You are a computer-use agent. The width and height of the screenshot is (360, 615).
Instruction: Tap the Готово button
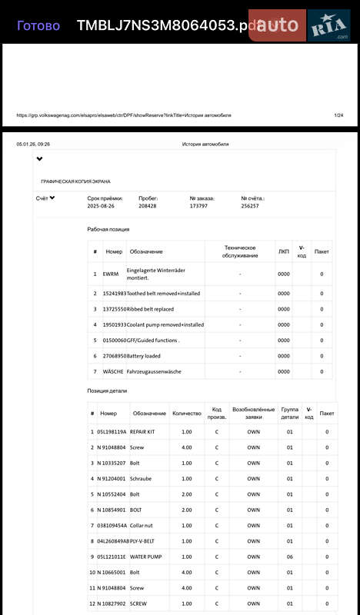(38, 25)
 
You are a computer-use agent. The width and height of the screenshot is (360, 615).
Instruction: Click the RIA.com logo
(330, 27)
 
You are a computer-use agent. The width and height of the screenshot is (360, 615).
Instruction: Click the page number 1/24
(338, 115)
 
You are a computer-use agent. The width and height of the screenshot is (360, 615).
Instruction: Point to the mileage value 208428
(147, 206)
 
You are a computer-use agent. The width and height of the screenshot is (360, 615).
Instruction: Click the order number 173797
(198, 206)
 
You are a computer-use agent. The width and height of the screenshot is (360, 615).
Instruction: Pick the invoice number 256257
(250, 206)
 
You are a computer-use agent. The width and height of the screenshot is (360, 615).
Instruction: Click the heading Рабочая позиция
(108, 229)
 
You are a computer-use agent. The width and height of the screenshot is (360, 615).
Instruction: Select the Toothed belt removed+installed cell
(163, 294)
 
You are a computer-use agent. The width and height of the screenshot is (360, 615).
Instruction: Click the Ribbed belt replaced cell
(151, 309)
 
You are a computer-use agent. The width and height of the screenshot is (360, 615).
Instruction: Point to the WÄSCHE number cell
(113, 371)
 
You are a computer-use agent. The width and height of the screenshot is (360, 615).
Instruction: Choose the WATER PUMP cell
(146, 557)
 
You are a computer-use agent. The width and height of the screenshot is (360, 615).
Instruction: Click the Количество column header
(186, 414)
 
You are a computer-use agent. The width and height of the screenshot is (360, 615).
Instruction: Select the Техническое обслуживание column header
(240, 251)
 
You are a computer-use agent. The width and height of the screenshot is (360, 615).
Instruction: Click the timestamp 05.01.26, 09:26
(33, 144)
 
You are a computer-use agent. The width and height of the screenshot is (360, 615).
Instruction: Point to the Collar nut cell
(144, 526)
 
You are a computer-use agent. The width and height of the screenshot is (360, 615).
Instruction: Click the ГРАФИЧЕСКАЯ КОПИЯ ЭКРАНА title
(75, 181)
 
